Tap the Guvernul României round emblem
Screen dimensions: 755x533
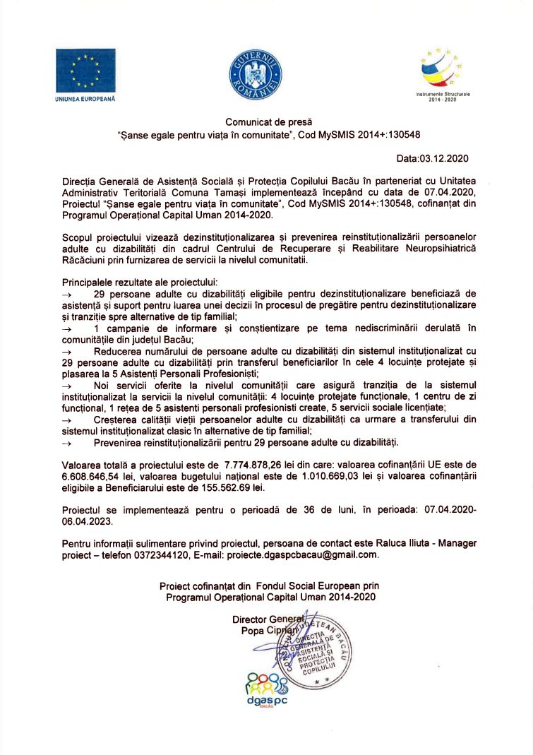(256, 76)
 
